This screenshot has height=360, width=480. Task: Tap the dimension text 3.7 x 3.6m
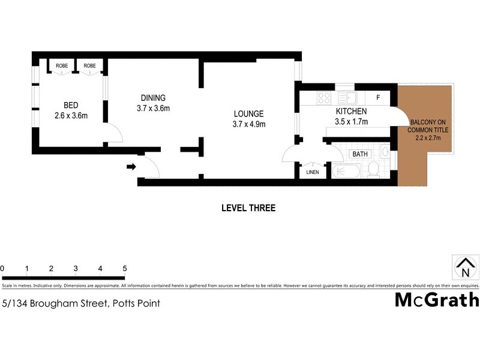pos(153,109)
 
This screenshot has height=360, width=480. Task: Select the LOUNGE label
pos(248,114)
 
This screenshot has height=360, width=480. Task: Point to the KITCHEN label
pos(351,112)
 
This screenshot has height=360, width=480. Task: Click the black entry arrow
pos(131,167)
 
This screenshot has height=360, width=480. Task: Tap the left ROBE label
pos(61,65)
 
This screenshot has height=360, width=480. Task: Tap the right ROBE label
pos(89,65)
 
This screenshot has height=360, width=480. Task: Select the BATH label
pos(360,154)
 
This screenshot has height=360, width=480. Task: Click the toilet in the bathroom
pos(373,169)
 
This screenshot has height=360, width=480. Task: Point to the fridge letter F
pos(378,97)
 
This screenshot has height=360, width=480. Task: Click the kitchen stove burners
pos(324,97)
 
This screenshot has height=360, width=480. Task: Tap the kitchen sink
pos(346,97)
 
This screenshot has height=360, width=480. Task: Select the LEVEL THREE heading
pos(248,208)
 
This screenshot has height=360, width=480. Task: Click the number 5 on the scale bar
pos(124,268)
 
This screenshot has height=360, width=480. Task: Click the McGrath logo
pos(436,300)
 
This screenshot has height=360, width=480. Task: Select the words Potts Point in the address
pos(134,304)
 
